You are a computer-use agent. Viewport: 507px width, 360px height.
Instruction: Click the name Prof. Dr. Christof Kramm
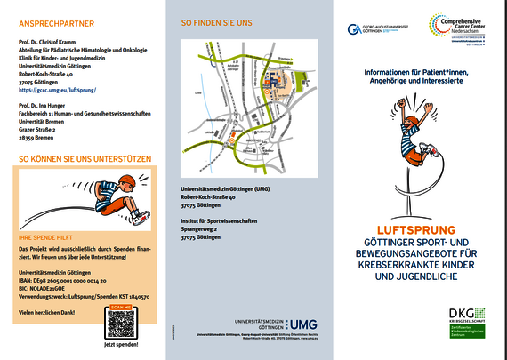coord(54,42)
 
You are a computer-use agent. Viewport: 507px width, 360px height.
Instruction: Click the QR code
coord(120,321)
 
